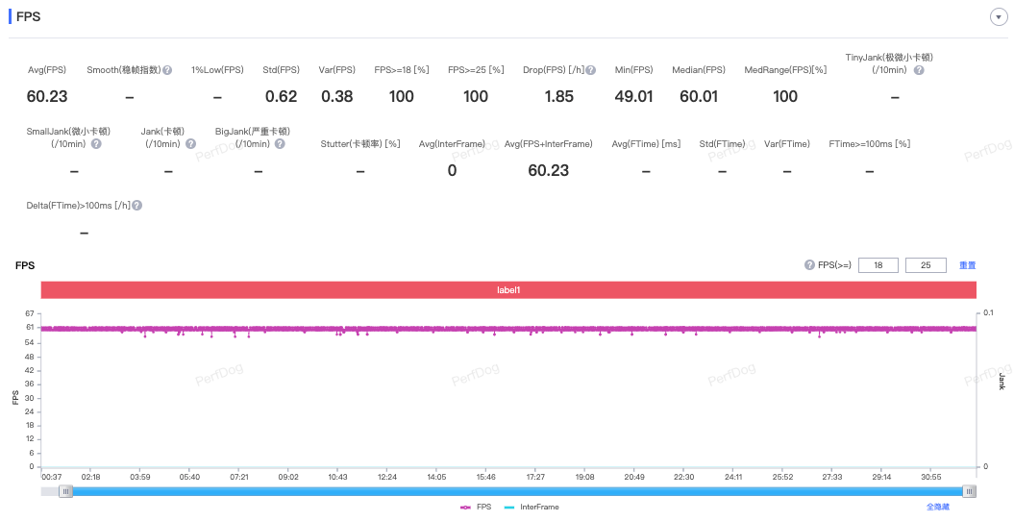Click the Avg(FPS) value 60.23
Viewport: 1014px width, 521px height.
click(47, 96)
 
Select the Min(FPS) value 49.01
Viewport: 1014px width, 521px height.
click(633, 96)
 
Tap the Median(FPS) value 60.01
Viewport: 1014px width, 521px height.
click(699, 96)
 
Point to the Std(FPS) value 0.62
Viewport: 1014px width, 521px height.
click(282, 96)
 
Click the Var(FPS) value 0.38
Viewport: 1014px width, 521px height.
click(337, 96)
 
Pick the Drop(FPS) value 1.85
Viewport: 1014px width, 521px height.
click(558, 96)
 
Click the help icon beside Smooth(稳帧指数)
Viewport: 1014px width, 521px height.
click(167, 70)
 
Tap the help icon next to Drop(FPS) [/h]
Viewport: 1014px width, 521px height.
click(590, 70)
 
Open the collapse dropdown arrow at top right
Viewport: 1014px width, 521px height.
click(999, 16)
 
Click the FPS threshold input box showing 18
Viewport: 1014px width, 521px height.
click(878, 265)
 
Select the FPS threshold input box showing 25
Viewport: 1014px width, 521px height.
click(926, 265)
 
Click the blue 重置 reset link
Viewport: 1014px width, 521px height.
click(968, 265)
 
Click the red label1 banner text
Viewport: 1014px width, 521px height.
click(508, 290)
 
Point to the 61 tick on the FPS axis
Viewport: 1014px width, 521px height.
click(30, 327)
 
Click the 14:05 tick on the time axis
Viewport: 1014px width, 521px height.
click(436, 477)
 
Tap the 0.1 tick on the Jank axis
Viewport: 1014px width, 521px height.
click(988, 312)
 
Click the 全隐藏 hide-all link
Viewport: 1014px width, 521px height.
click(938, 508)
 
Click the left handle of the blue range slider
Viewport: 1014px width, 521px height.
click(66, 492)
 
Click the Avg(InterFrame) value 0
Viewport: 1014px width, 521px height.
click(452, 171)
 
